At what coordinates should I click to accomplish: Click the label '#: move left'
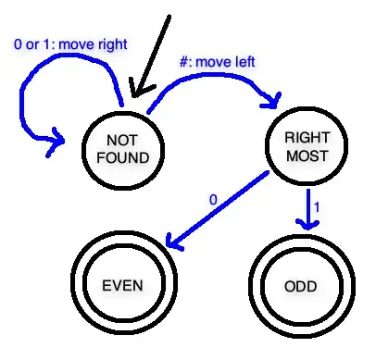point(216,63)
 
